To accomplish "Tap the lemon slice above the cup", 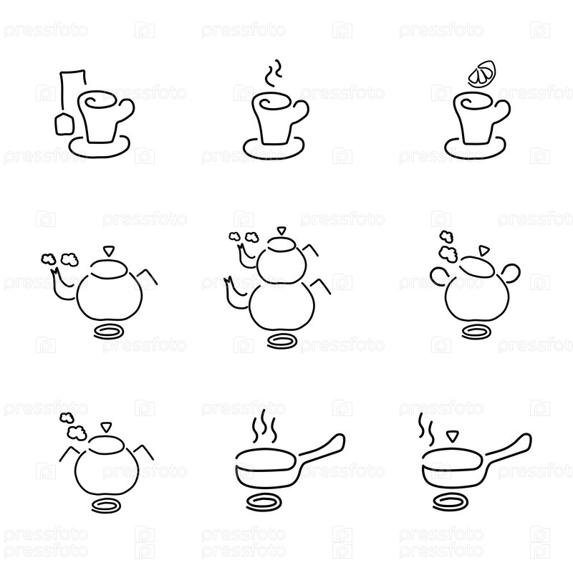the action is pyautogui.click(x=482, y=74).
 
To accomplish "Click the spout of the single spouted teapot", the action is pyautogui.click(x=60, y=285).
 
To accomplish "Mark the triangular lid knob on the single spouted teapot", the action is pyautogui.click(x=109, y=251).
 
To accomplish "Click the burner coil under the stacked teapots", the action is pyautogui.click(x=281, y=342).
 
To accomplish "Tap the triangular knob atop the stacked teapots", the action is pyautogui.click(x=281, y=231).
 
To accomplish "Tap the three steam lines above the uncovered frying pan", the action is pyautogui.click(x=264, y=425).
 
